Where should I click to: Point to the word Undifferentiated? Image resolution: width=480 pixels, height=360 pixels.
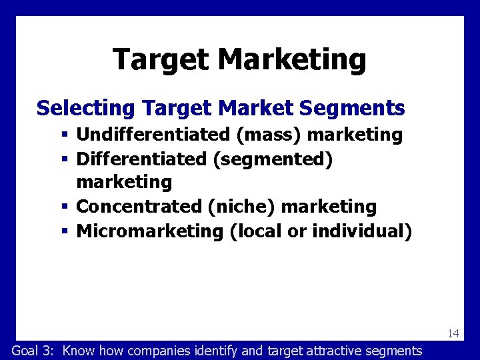[x=153, y=135]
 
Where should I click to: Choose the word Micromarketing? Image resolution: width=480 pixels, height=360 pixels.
[x=150, y=231]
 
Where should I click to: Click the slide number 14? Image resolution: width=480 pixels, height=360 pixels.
[x=453, y=333]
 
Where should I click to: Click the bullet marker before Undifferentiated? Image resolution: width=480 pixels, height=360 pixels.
[x=65, y=135]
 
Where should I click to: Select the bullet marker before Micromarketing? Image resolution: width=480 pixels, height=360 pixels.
[x=65, y=232]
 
